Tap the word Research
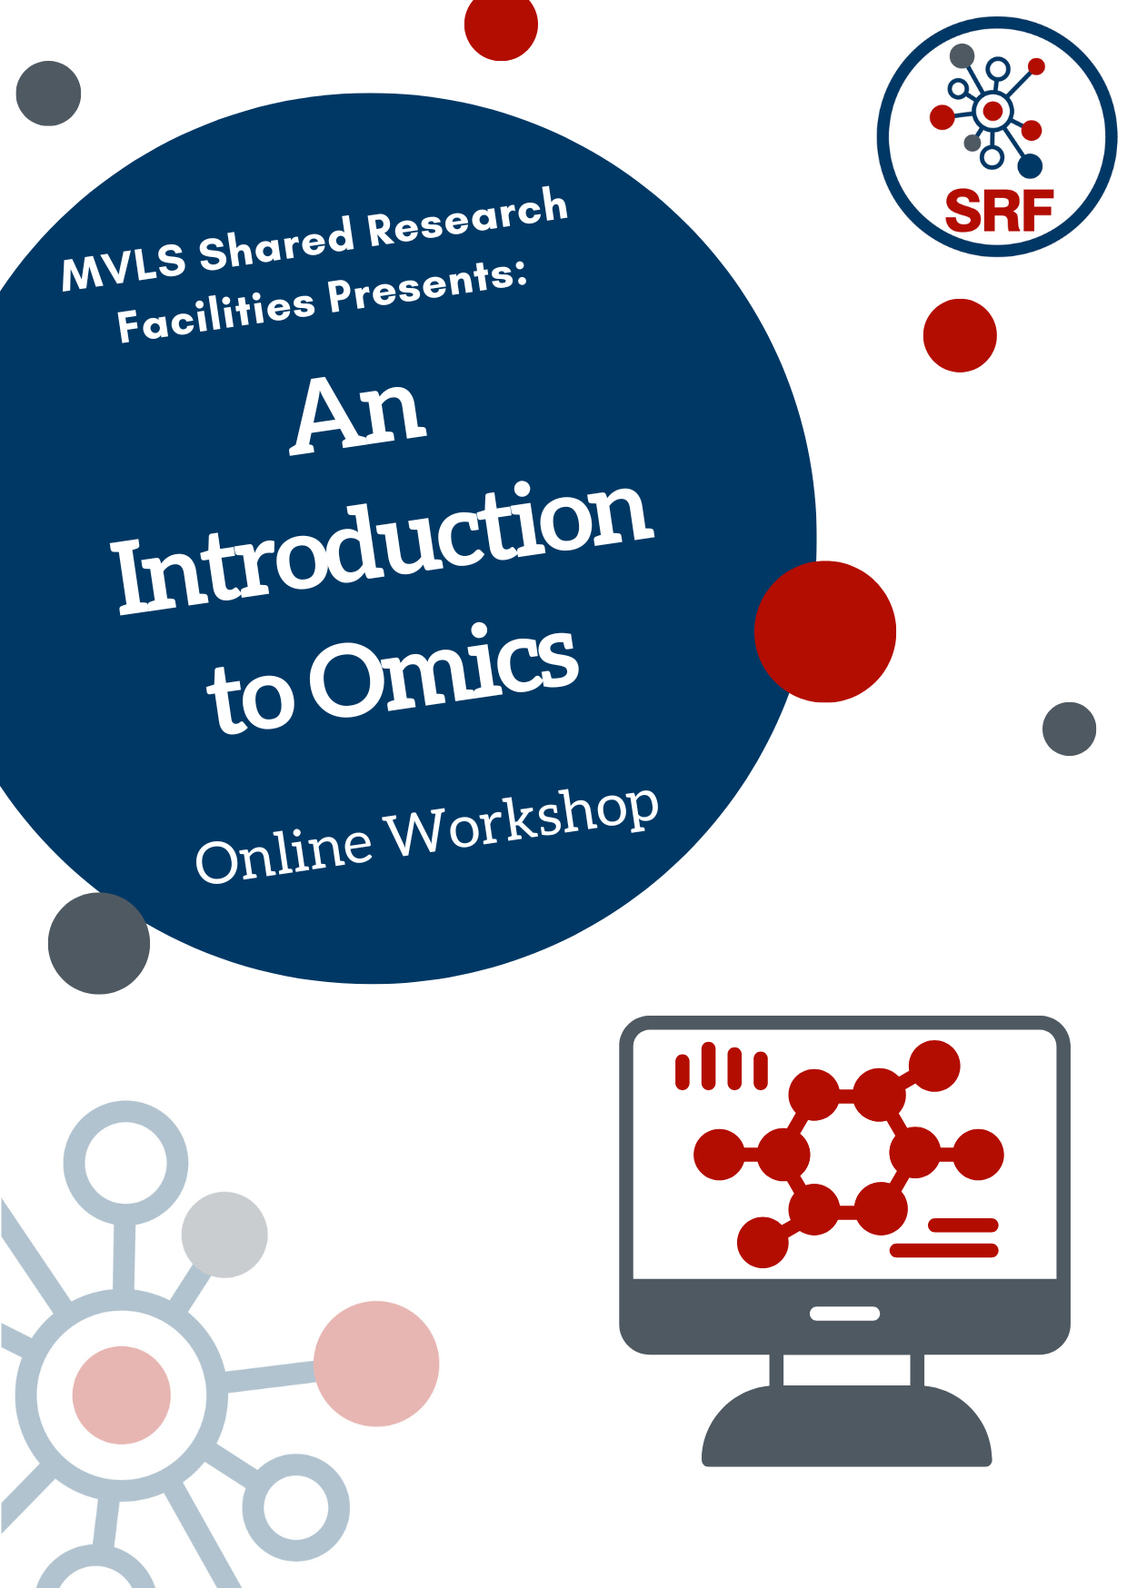[468, 217]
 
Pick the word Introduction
[382, 547]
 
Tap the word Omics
[444, 670]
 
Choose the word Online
[284, 850]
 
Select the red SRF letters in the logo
[999, 211]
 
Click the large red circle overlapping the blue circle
[825, 631]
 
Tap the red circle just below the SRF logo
[960, 335]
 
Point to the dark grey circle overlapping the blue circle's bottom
[99, 943]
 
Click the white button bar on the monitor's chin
[844, 1313]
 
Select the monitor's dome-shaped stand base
[846, 1425]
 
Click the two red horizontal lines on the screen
[944, 1237]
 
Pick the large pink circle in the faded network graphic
[376, 1363]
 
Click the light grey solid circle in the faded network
[224, 1235]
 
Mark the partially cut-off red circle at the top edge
[501, 25]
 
